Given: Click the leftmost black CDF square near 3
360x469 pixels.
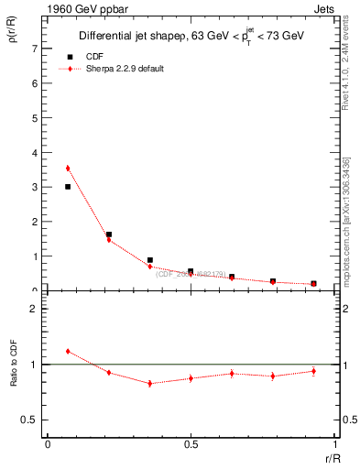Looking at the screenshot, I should click(x=68, y=187).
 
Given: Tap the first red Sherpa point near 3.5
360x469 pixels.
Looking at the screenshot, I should click(x=68, y=169).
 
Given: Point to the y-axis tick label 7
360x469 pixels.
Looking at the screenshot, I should click(x=38, y=49).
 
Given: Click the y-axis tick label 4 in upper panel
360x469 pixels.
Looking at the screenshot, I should click(x=38, y=152).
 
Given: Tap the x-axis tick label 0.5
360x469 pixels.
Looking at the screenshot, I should click(x=191, y=444).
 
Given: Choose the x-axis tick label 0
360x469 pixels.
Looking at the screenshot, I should click(x=48, y=444).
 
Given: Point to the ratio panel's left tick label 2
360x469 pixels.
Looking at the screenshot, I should click(x=38, y=309).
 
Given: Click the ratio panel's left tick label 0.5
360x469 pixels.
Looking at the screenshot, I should click(x=34, y=420).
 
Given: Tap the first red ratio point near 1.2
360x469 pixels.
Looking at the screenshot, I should click(x=68, y=351).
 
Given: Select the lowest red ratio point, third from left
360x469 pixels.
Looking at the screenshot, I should click(x=149, y=383).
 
